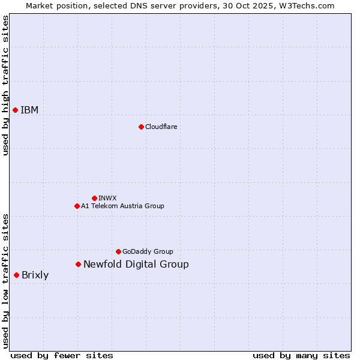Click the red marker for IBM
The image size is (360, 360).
[x=15, y=110]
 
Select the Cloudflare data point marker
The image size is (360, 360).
[x=141, y=127]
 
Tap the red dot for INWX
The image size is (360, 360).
[x=94, y=198]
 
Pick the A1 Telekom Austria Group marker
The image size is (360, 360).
[x=77, y=206]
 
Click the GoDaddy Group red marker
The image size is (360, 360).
[x=118, y=251]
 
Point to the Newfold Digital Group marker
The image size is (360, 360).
[x=78, y=264]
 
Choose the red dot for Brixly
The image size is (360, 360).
[x=16, y=275]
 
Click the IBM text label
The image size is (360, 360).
[x=29, y=110]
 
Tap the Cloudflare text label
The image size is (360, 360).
[x=161, y=127]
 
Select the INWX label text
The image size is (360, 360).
[x=107, y=198]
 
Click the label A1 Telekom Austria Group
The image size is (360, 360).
[x=122, y=206]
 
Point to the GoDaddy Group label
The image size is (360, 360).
[x=148, y=251]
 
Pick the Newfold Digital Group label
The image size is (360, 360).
[x=136, y=264]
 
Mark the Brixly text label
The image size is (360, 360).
[x=35, y=275]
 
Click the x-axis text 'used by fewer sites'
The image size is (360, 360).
[x=62, y=355]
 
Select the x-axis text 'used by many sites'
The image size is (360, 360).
[x=301, y=355]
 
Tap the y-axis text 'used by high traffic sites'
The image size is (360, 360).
[x=5, y=86]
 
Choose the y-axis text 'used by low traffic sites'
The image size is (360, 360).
[x=5, y=281]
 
